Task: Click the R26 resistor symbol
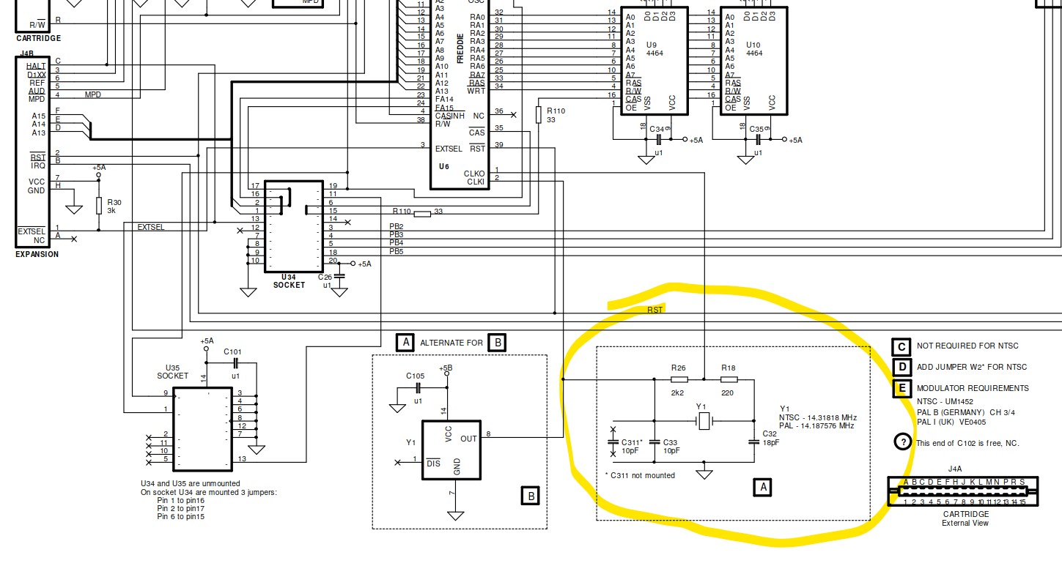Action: pos(679,380)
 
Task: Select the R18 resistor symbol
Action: pos(729,380)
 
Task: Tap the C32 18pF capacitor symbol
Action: pos(754,442)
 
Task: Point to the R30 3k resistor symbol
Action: pos(99,206)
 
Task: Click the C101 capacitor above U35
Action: pos(235,362)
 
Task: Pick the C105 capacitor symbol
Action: pos(418,388)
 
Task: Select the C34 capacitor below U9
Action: pos(659,139)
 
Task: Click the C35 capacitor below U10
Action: pos(759,139)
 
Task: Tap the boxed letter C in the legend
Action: pos(901,347)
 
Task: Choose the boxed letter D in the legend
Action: pos(901,368)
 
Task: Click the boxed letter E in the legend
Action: pos(901,388)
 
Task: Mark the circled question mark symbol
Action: pos(903,442)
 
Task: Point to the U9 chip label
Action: pos(652,45)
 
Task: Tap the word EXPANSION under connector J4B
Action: pos(37,255)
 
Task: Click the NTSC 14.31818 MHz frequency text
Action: pos(818,417)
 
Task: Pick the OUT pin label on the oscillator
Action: pos(469,439)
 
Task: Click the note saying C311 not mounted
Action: pos(640,476)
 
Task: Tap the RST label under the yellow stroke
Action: pos(654,310)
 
